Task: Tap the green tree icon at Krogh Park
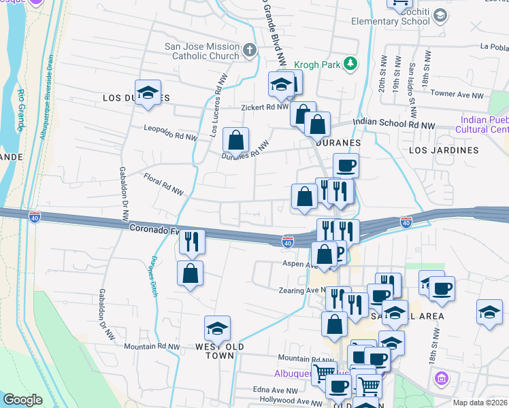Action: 350,63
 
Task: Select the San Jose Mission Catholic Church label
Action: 203,52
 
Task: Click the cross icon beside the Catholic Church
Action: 250,50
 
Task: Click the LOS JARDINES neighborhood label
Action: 444,150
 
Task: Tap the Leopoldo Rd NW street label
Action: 170,132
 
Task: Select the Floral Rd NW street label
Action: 163,184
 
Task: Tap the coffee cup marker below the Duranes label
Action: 346,165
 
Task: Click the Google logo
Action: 22,400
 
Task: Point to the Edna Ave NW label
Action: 275,391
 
